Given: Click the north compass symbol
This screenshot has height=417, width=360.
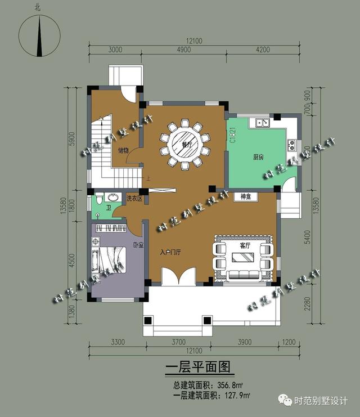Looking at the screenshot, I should (x=39, y=34).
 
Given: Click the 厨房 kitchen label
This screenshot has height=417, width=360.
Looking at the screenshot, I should (x=258, y=157).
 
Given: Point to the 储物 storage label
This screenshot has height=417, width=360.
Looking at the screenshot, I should (x=124, y=150).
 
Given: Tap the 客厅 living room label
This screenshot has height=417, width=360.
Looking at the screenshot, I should (x=245, y=245).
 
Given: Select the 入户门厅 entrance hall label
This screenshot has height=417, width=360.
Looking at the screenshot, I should (x=170, y=252).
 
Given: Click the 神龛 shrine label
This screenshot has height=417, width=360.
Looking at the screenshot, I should (x=245, y=196).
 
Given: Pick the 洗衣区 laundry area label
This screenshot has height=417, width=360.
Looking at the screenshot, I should (x=134, y=199).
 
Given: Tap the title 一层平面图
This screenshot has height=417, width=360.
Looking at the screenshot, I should (x=198, y=367).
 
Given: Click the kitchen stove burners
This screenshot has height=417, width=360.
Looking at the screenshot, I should (x=292, y=145).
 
